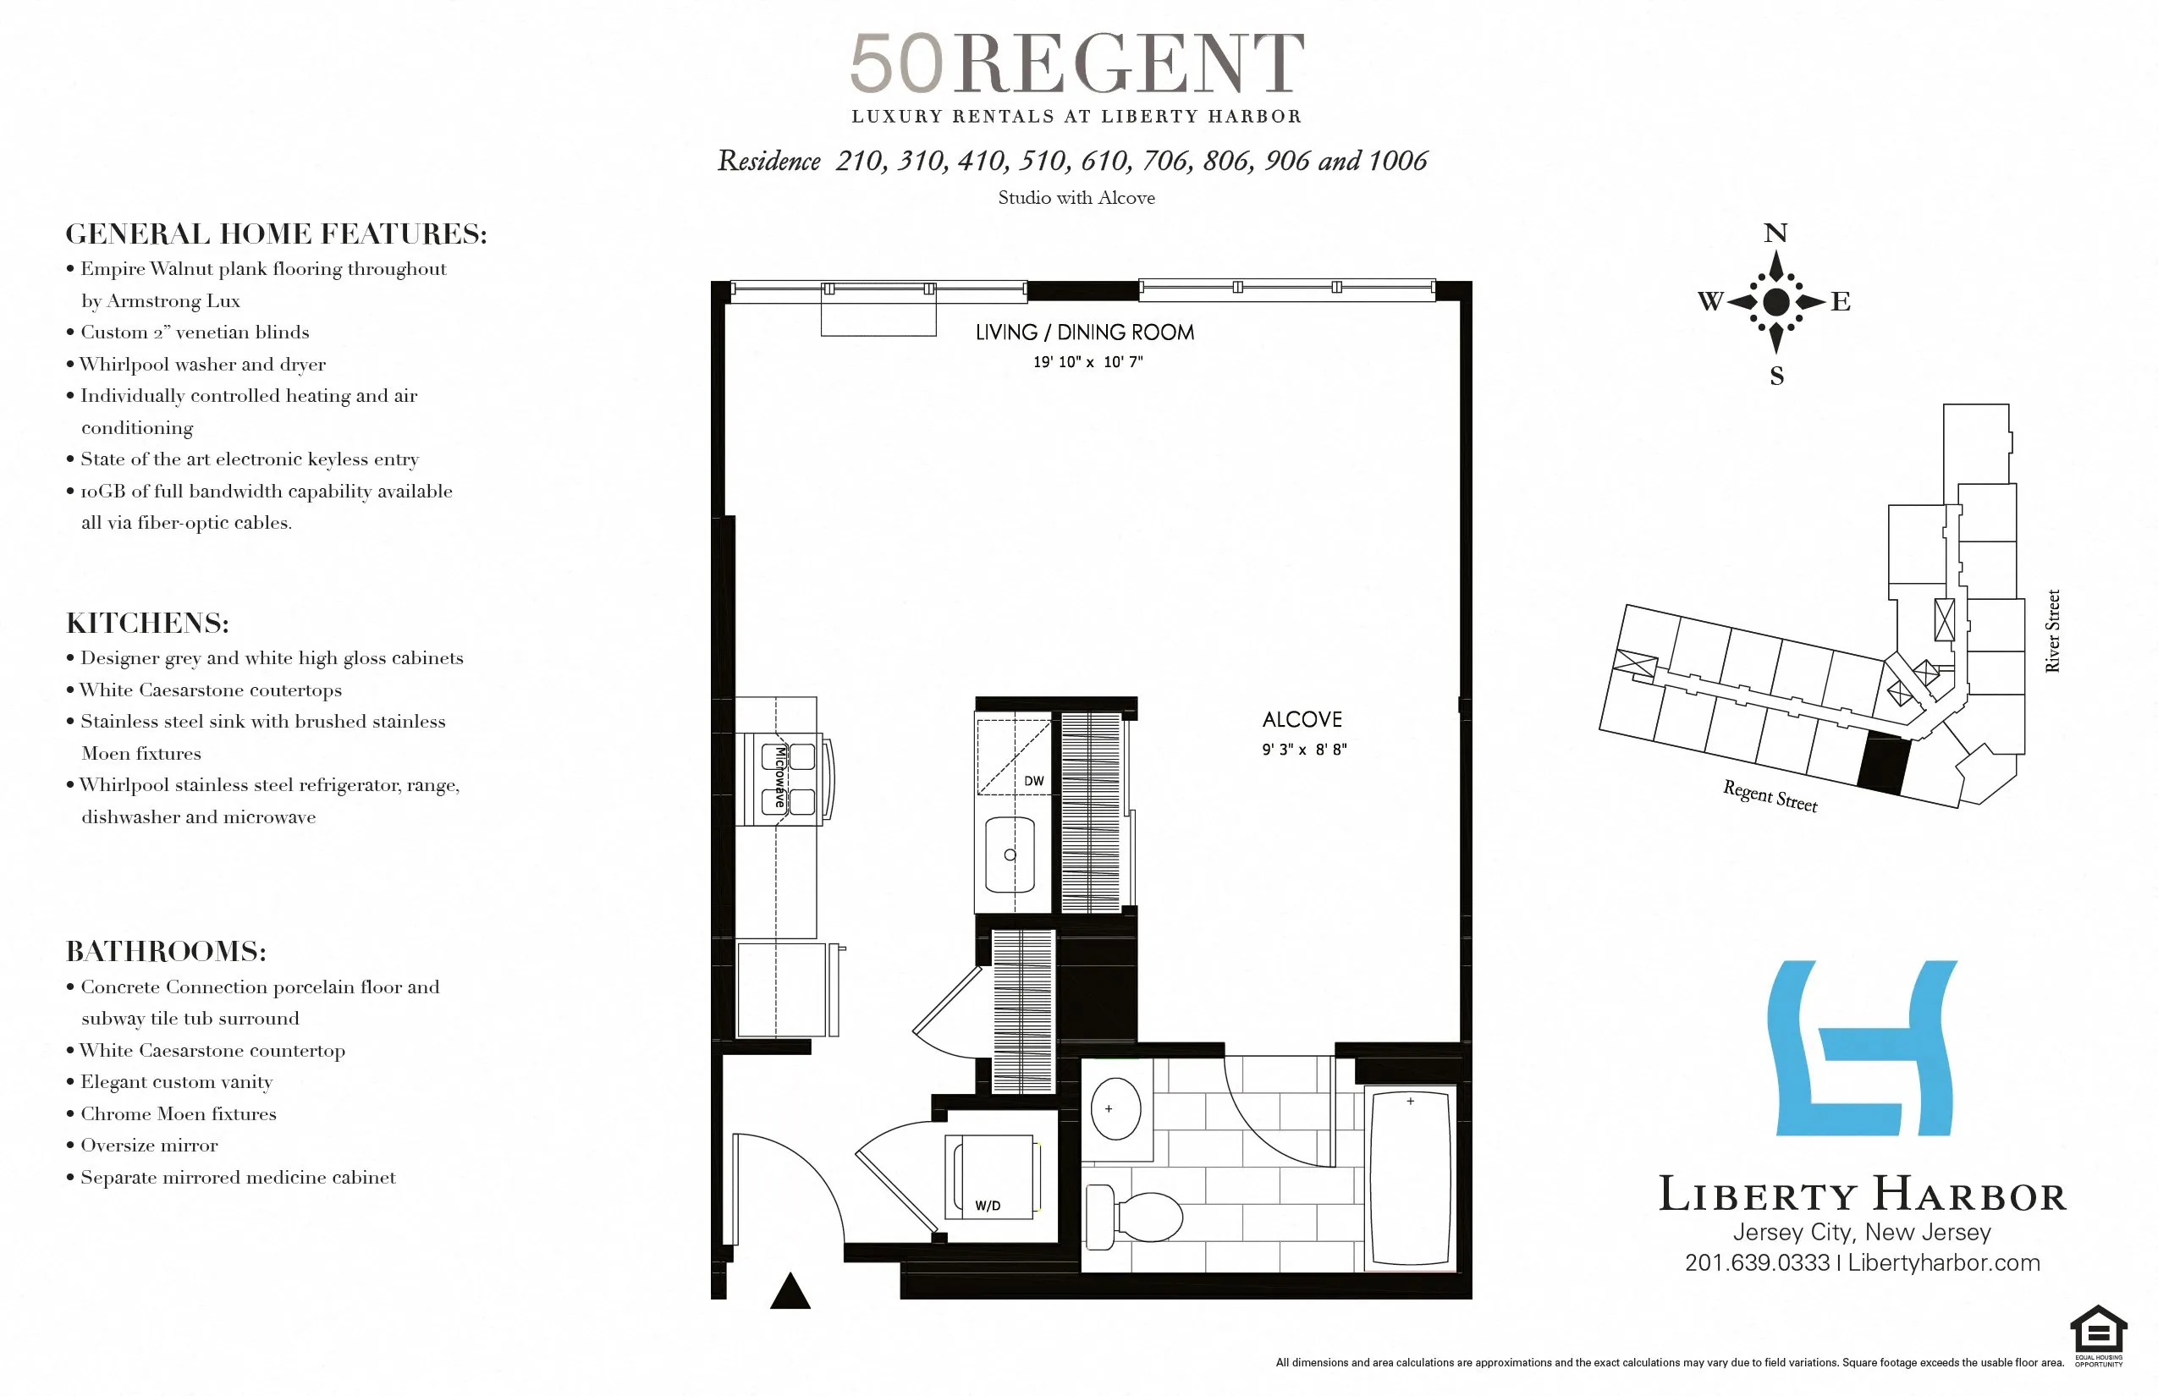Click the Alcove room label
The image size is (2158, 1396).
coord(1302,720)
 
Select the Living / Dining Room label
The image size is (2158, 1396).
coord(1084,333)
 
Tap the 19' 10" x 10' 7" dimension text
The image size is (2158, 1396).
coord(1087,362)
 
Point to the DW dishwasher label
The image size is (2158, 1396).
coord(1033,780)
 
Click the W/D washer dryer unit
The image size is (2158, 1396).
coord(992,1177)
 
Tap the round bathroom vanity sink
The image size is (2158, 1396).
coord(1115,1108)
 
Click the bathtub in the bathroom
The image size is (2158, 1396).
coord(1410,1179)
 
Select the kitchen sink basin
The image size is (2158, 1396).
coord(1010,855)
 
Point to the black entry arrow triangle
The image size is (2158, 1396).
coord(790,1292)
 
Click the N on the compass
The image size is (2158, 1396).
coord(1775,233)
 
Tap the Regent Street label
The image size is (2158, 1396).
coord(1770,796)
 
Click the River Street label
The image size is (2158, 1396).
coord(2053,631)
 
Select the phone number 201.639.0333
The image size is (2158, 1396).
coord(1756,1262)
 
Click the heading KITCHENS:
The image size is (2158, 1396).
coord(148,624)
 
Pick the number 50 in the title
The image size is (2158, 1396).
coord(897,64)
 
